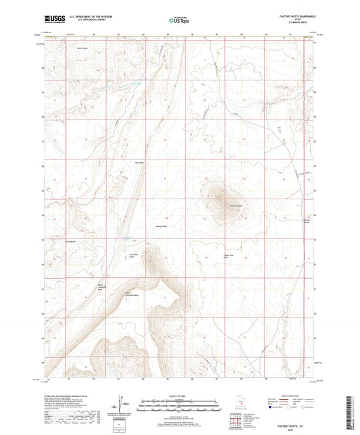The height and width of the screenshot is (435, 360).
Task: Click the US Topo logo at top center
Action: [x=178, y=20]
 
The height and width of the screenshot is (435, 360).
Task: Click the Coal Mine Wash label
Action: [x=133, y=255]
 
